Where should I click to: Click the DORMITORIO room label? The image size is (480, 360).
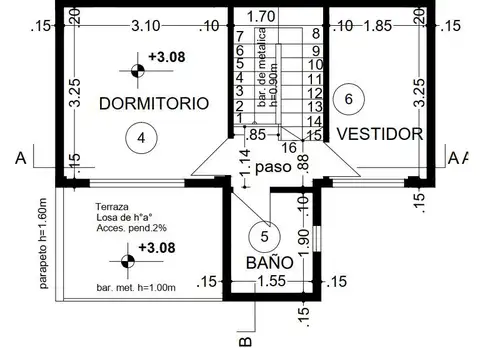click(153, 103)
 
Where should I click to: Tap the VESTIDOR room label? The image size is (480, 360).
click(379, 132)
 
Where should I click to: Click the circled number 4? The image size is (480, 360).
click(141, 138)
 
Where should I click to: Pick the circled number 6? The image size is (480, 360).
click(348, 98)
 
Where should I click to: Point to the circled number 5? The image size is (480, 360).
click(264, 236)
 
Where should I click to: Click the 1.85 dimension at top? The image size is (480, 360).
click(378, 25)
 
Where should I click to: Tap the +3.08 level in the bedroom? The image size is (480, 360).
click(163, 57)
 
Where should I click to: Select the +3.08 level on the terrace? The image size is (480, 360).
click(158, 247)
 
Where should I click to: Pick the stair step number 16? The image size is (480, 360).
click(290, 147)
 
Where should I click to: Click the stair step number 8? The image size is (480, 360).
click(316, 34)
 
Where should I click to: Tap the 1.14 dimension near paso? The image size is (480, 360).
click(244, 164)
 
